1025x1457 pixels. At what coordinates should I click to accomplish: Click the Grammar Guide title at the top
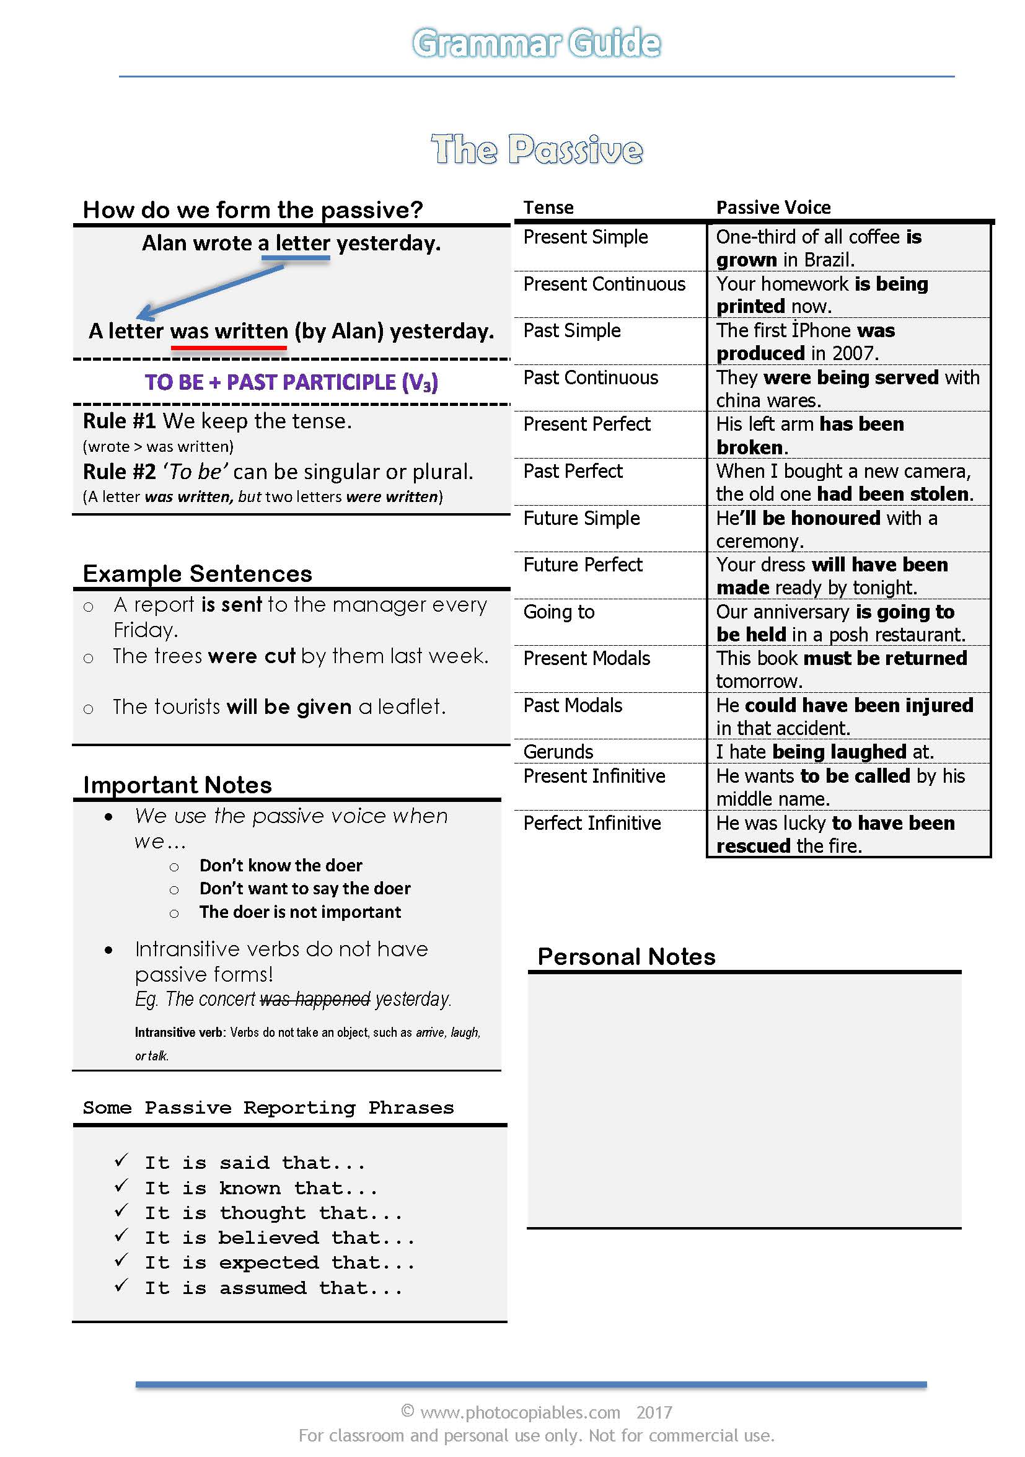pos(536,43)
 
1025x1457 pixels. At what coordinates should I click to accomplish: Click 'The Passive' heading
pos(536,150)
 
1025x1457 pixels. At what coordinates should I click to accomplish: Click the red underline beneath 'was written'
pos(229,347)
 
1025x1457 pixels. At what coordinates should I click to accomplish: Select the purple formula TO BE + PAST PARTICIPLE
pos(291,382)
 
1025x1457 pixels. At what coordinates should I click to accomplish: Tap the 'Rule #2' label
pos(120,472)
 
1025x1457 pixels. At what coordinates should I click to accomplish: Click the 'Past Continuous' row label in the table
pos(590,377)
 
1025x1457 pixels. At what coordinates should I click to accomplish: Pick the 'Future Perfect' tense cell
pos(583,565)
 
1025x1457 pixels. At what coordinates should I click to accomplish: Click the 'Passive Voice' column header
pos(773,208)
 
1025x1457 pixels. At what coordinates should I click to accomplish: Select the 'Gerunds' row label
pos(558,752)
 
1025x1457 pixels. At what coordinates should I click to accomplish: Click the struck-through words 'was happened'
pos(315,1000)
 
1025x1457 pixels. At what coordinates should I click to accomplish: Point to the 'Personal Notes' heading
pos(626,957)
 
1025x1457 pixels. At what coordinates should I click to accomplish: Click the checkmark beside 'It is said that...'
pos(121,1161)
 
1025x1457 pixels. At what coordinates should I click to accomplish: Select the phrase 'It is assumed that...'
pos(273,1288)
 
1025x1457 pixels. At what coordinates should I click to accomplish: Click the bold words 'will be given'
pos(289,707)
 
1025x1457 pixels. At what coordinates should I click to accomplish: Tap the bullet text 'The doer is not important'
pos(299,912)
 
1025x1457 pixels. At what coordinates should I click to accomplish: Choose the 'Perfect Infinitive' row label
pos(592,823)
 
